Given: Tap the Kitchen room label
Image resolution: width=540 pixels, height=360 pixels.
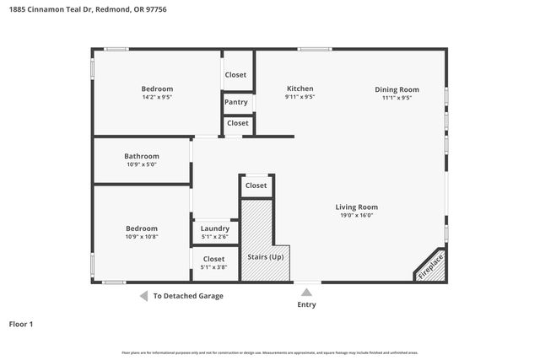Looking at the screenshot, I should (x=300, y=89).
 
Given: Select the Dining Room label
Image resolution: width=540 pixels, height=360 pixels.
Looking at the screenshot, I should (x=397, y=89).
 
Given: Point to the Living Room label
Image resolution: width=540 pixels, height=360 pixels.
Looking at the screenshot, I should (x=356, y=207).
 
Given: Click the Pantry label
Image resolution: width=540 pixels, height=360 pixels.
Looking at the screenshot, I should (x=236, y=103).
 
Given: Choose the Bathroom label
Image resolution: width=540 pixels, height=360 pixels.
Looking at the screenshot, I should (x=141, y=156).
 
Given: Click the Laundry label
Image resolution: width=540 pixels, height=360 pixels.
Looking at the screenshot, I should (x=214, y=228).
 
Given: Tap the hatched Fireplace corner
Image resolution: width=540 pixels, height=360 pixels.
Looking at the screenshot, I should (x=431, y=267).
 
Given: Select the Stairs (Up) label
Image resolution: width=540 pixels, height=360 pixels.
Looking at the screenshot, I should (x=265, y=256).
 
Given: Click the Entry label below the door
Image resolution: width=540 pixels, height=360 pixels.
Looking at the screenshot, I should (x=306, y=304).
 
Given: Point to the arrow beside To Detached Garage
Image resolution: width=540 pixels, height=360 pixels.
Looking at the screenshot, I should (x=143, y=296).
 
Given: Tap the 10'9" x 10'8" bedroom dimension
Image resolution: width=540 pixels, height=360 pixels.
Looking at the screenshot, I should (x=141, y=237).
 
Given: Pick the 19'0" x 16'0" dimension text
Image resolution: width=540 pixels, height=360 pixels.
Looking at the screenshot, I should (x=356, y=215).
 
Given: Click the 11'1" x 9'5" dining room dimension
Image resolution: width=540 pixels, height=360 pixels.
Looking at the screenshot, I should (x=397, y=98).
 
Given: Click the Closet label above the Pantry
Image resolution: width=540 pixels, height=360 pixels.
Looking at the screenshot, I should (x=236, y=75).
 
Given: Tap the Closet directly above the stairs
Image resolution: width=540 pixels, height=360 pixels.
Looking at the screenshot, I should (x=256, y=185).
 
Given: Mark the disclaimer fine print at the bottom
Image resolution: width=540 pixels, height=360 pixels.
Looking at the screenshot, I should (x=270, y=352).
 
